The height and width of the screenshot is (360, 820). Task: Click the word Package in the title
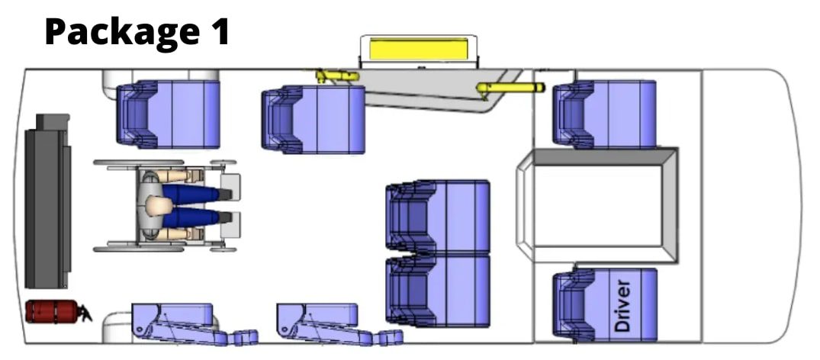(x=118, y=31)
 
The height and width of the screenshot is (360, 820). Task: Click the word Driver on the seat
(x=622, y=306)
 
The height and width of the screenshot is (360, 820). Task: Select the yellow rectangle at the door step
(x=417, y=50)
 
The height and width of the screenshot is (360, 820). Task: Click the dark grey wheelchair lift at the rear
(x=47, y=201)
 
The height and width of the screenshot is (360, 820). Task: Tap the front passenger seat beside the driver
(x=604, y=114)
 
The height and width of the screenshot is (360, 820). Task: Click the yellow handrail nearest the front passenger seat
(x=510, y=88)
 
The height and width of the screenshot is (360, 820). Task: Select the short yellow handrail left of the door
(x=337, y=76)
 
